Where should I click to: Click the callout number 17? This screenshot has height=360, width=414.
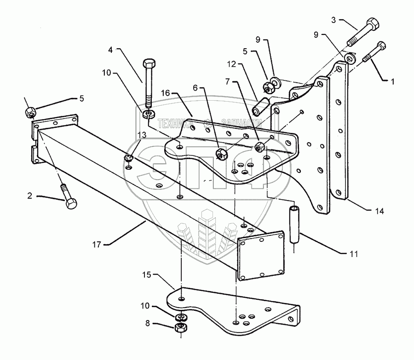(x=97, y=245)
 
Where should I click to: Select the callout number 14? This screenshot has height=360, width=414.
(x=379, y=211)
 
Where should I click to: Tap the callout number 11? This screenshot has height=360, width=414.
(x=353, y=254)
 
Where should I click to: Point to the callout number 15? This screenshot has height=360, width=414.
(x=147, y=275)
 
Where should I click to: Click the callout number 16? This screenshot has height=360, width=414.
(x=166, y=93)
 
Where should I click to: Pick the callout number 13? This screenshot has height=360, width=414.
(x=142, y=135)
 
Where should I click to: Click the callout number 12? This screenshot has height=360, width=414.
(x=231, y=64)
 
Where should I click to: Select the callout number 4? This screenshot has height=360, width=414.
(x=110, y=50)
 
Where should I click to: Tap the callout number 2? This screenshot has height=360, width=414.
(x=29, y=195)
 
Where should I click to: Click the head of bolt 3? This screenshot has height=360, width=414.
(x=373, y=24)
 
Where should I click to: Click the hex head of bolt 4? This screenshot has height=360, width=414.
(x=149, y=63)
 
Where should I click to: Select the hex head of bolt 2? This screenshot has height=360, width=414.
(x=71, y=204)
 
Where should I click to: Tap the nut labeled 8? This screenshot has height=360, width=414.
(x=181, y=328)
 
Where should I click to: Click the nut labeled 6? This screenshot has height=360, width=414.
(x=221, y=154)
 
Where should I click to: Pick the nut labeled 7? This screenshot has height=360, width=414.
(x=259, y=147)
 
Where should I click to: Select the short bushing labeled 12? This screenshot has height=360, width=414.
(x=260, y=107)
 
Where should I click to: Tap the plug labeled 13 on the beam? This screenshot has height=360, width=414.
(x=128, y=159)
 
